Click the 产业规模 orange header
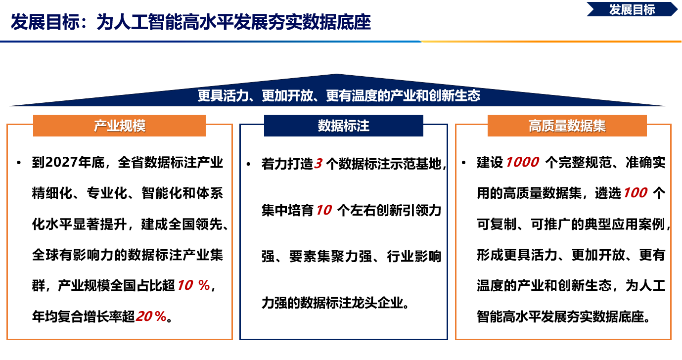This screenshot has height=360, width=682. pos(119,126)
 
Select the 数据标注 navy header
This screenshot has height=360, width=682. pos(343,126)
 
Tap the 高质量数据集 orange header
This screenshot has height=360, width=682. pos(567,126)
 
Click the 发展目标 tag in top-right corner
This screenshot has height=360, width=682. pos(632,9)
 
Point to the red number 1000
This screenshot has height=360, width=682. pos(522,162)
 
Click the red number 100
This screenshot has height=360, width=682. pos(635,193)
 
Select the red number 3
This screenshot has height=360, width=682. pos(318,164)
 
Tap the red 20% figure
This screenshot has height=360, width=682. pos(151,316)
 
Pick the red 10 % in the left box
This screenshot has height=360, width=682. pos(193,285)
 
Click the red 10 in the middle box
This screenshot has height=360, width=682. pos(323,210)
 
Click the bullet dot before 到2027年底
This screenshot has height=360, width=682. pos(19,163)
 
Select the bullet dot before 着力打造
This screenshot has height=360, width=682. pos(248,164)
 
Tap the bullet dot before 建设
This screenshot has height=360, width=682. pos(464,163)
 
